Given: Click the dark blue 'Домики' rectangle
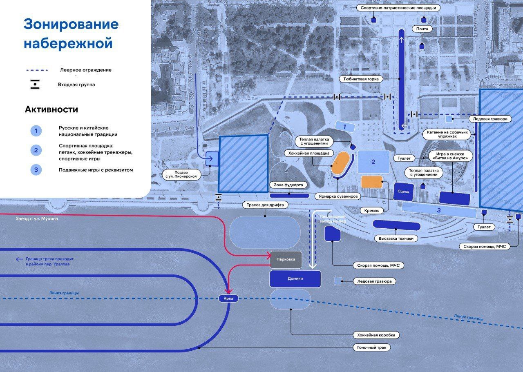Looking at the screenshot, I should point(295,278).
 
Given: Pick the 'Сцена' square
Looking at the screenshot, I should point(404,191).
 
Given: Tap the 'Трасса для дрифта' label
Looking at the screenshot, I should point(265,205).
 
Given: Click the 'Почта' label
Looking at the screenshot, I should point(422,29).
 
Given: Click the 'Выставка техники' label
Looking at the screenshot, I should point(396,238).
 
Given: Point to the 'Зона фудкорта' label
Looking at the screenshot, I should point(288,185).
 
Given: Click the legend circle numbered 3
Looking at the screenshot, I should point(36,169).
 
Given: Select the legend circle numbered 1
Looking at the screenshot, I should point(36,131).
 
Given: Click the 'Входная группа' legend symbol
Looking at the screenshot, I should point(35,85).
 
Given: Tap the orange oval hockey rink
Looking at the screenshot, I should point(340,164).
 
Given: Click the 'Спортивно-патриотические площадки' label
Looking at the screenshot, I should point(398,8).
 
